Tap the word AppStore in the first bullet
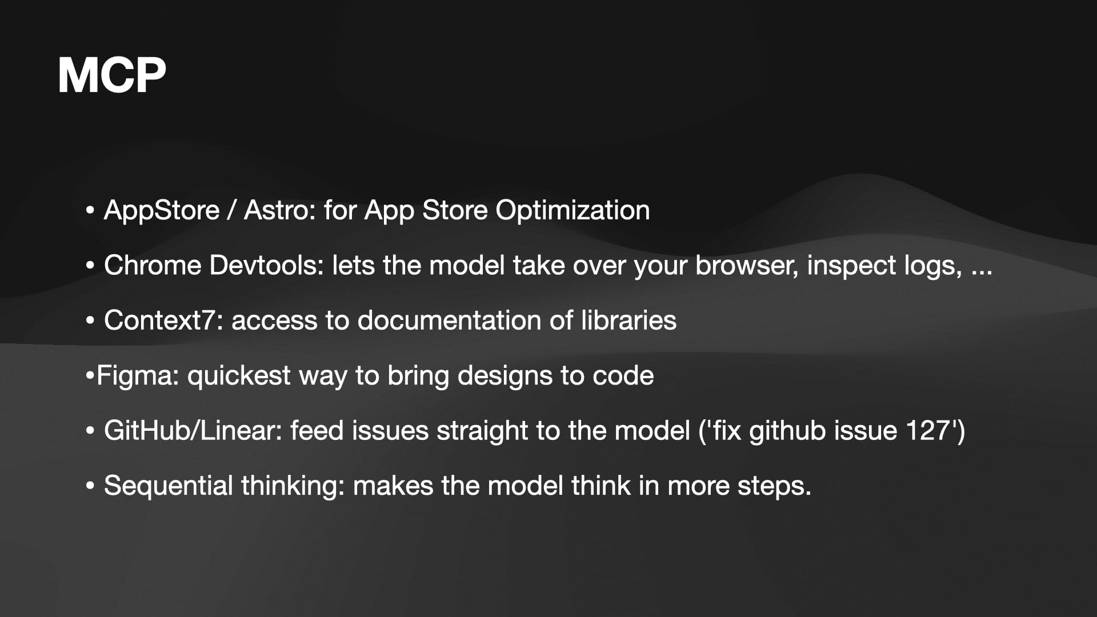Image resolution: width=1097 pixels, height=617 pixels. [162, 211]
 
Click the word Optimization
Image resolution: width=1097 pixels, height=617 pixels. [572, 211]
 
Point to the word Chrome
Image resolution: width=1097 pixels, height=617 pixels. [153, 265]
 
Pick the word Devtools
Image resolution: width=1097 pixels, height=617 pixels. [267, 265]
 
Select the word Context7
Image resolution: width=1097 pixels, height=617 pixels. [163, 320]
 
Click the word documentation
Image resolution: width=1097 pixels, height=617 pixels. [449, 320]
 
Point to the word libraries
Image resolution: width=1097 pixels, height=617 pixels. [628, 320]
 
